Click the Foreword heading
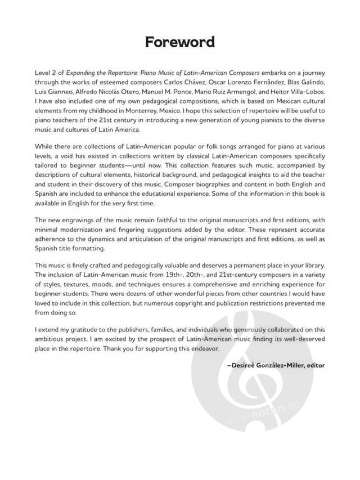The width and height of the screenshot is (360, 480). click(x=179, y=42)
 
